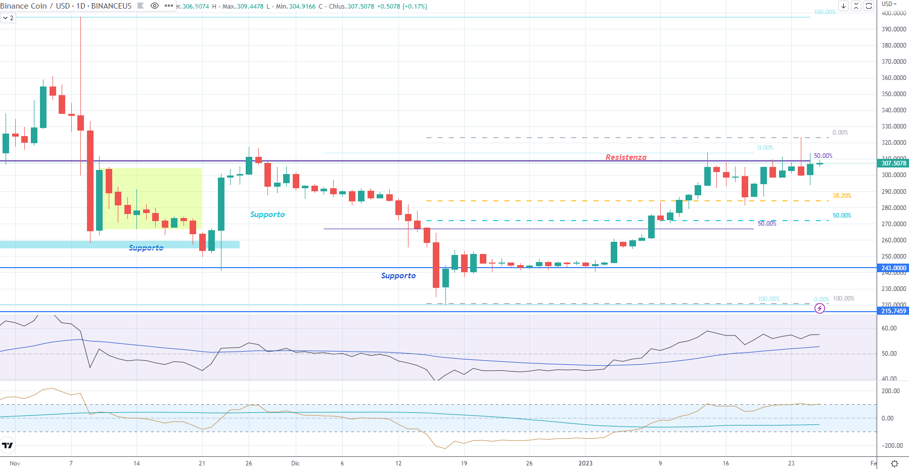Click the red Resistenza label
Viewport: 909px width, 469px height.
point(626,157)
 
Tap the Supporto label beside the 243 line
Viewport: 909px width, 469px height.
point(398,276)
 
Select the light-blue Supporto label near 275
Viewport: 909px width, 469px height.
point(267,215)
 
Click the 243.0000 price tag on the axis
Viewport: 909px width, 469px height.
point(893,268)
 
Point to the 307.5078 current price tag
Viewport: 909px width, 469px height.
point(893,163)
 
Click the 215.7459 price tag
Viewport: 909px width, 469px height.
point(893,311)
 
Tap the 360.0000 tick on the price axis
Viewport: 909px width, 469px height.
point(893,78)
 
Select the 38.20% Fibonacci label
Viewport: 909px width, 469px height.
point(842,196)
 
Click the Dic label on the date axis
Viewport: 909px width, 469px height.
point(295,463)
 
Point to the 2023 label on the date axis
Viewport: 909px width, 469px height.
point(585,463)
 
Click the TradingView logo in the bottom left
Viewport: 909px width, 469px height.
point(8,445)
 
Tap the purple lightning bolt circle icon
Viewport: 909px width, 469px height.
point(820,308)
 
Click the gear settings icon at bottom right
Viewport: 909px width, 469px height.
point(894,463)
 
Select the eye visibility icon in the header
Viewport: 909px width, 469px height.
point(155,6)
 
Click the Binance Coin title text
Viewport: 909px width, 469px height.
point(24,6)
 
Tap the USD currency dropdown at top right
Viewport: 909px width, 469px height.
point(889,4)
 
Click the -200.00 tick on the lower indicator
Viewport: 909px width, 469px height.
point(890,446)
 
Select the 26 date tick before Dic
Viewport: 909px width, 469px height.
point(249,463)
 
